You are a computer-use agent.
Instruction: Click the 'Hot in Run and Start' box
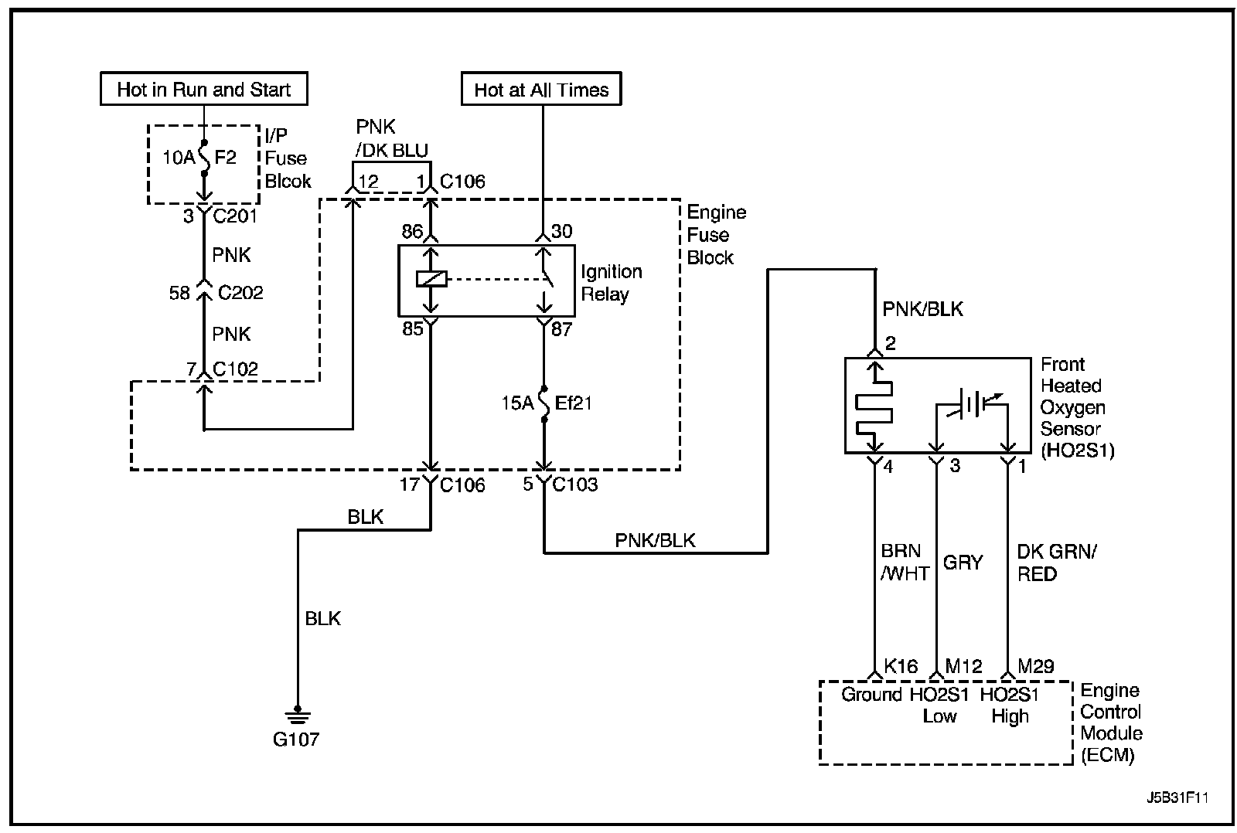[x=204, y=88]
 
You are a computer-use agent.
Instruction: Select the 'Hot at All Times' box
[x=541, y=88]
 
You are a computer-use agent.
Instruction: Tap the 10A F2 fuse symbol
[x=204, y=158]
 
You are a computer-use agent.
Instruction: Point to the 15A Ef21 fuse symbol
[x=544, y=403]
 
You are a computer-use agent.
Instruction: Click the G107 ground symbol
[x=298, y=716]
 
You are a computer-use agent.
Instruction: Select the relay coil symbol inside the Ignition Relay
[x=431, y=279]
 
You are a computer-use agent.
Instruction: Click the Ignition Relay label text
[x=612, y=283]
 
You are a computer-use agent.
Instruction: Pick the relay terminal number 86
[x=412, y=231]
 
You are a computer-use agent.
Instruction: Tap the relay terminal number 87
[x=561, y=329]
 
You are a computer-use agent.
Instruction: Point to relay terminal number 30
[x=561, y=231]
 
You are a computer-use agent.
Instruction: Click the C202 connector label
[x=240, y=292]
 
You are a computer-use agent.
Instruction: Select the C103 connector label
[x=575, y=484]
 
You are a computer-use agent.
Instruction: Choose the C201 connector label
[x=235, y=216]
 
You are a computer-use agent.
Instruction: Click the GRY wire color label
[x=963, y=563]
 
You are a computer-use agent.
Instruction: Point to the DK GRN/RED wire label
[x=1057, y=563]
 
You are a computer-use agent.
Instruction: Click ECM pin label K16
[x=901, y=666]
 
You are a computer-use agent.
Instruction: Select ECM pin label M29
[x=1036, y=666]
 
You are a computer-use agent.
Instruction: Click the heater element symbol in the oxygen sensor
[x=874, y=409]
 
